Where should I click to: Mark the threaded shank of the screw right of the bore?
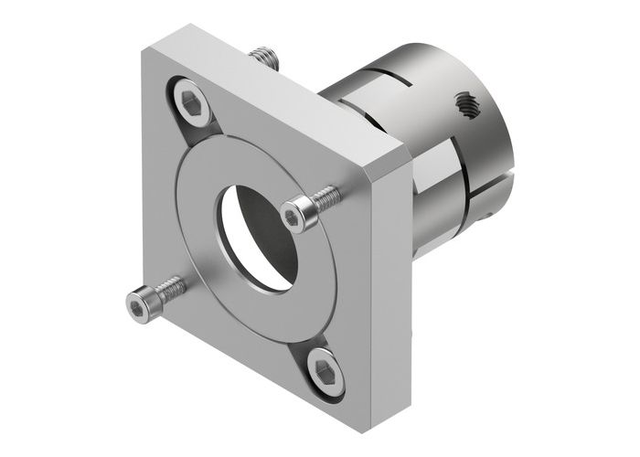[x=327, y=197]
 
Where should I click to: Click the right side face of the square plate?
[x=389, y=274]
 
